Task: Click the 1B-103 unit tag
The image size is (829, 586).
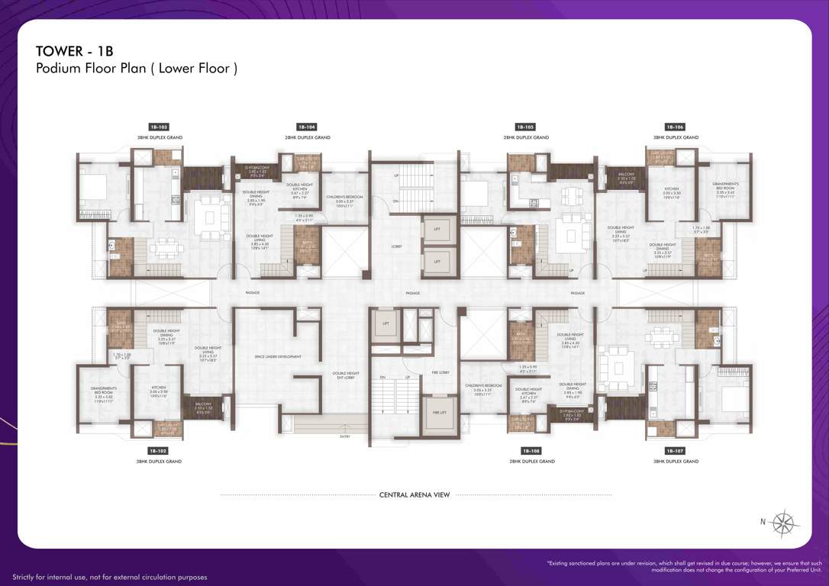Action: [x=159, y=127]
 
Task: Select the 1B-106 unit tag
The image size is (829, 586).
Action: [x=674, y=127]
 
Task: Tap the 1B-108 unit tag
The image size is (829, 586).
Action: [x=524, y=451]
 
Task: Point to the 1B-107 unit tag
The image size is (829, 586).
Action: [x=674, y=451]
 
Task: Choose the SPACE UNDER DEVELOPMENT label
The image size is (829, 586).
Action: [x=278, y=356]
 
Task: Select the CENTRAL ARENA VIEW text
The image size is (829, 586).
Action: [x=414, y=495]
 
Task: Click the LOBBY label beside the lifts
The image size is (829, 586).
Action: [x=396, y=246]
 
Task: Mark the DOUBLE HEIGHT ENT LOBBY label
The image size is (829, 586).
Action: [x=345, y=375]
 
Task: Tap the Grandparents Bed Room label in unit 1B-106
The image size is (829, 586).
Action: [x=724, y=188]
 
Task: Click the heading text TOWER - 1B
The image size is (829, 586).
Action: [x=74, y=51]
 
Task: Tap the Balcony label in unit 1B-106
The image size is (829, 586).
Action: [x=627, y=179]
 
